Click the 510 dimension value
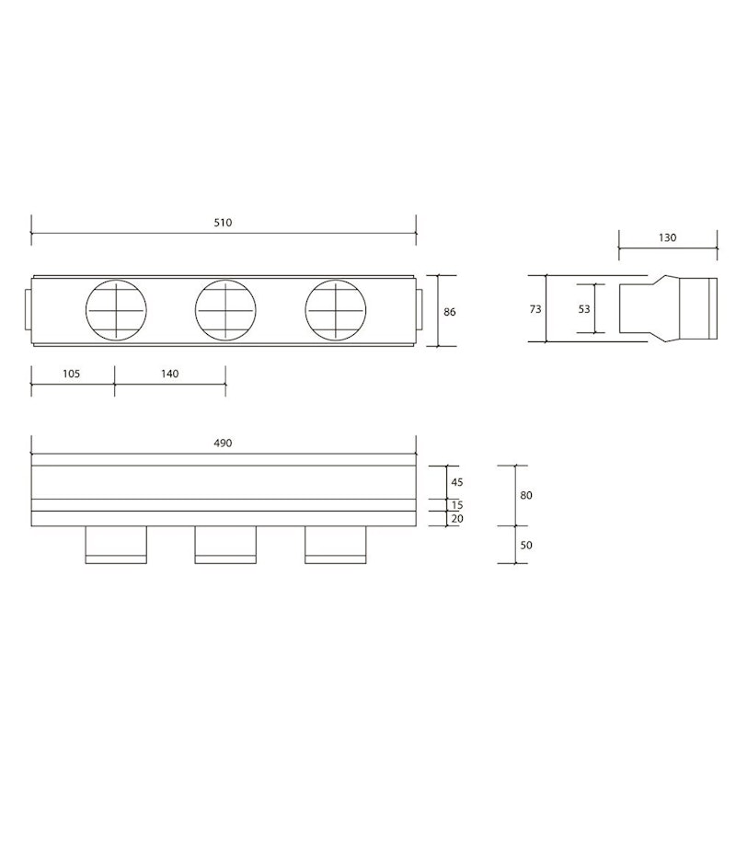tap(223, 223)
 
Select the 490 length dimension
tap(223, 444)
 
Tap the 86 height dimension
tap(450, 312)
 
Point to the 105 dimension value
tap(72, 374)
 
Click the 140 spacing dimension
tap(169, 374)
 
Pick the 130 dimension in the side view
tap(668, 237)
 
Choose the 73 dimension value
tap(535, 309)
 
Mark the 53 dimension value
tap(584, 309)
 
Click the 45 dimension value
tap(456, 483)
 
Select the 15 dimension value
tap(456, 505)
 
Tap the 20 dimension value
tap(456, 519)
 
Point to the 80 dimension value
tap(526, 495)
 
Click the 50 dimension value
tap(526, 545)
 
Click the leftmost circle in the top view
tap(116, 310)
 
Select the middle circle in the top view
tap(225, 310)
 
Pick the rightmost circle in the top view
tap(336, 310)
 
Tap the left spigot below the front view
tap(116, 544)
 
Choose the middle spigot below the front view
tap(225, 544)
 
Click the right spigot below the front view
tap(336, 544)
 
